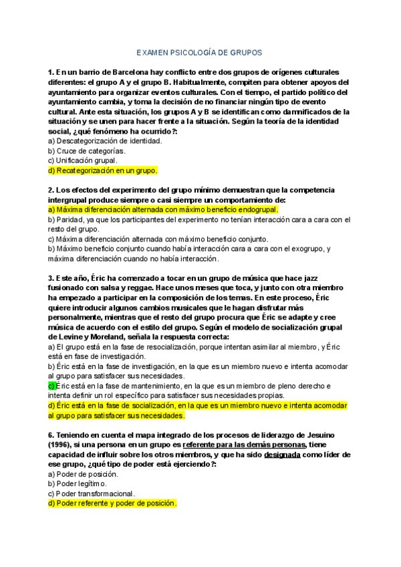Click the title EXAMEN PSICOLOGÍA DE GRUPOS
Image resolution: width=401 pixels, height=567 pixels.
(200, 51)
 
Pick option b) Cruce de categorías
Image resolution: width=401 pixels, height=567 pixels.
(87, 151)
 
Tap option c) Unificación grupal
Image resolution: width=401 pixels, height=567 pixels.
(82, 160)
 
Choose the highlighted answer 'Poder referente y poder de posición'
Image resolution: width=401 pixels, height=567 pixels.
(112, 503)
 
